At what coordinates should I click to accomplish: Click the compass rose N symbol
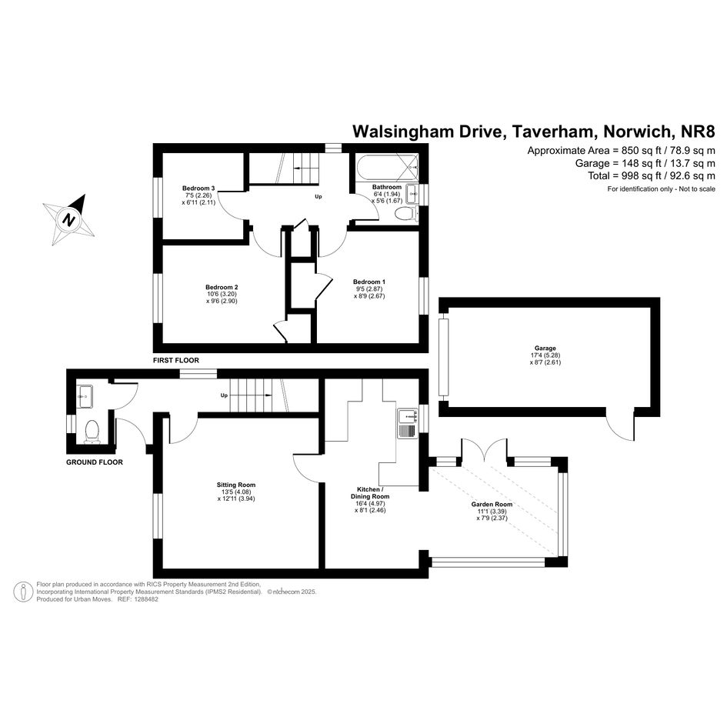[x=69, y=219]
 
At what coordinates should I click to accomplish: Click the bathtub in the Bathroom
[x=387, y=168]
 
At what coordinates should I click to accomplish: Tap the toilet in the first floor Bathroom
[x=406, y=214]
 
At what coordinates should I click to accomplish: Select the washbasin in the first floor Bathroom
[x=412, y=194]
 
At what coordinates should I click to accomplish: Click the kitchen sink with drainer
[x=408, y=423]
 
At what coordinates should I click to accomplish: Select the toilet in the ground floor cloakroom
[x=92, y=432]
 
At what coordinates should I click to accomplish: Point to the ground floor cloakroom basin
[x=85, y=396]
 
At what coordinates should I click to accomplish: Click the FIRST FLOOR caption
[x=176, y=360]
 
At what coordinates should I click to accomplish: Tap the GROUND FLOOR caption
[x=95, y=462]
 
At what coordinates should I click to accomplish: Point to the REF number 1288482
[x=145, y=599]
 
